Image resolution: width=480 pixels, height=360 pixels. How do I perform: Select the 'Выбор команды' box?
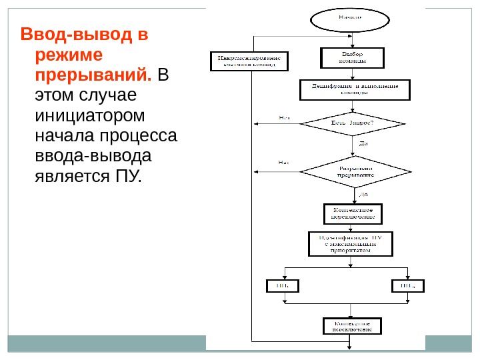click(x=353, y=57)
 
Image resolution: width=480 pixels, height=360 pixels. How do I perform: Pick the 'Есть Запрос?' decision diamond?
click(x=353, y=123)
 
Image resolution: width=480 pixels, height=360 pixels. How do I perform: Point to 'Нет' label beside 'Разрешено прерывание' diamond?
click(x=283, y=162)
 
